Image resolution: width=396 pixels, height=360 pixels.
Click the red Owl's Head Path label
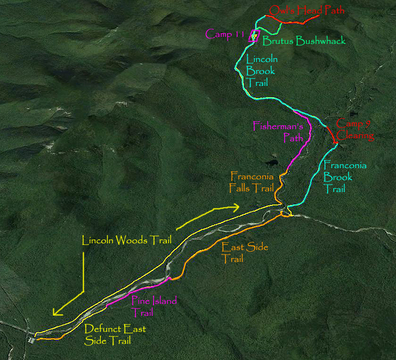point(306,10)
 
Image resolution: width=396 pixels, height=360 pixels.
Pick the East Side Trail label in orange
point(245,253)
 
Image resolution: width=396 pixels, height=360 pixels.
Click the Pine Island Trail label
point(154,307)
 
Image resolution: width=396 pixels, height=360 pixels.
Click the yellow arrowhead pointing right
point(235,207)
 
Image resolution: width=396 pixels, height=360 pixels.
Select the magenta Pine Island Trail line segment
point(140,292)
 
